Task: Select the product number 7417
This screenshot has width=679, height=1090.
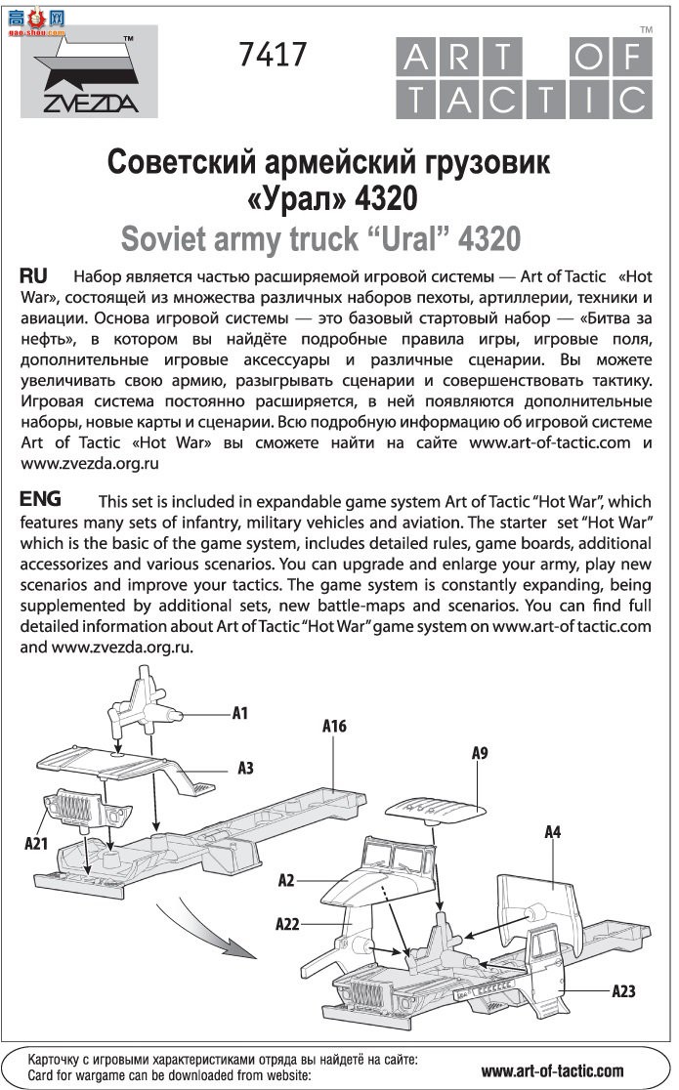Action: pyautogui.click(x=272, y=55)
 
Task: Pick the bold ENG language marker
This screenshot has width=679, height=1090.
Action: pyautogui.click(x=42, y=498)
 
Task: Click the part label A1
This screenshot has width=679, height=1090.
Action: pyautogui.click(x=239, y=713)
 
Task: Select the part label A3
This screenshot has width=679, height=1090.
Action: pyautogui.click(x=245, y=769)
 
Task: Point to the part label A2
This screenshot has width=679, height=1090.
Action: pyautogui.click(x=286, y=880)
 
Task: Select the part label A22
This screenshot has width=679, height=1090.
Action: pyautogui.click(x=287, y=922)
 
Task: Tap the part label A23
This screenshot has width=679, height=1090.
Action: pyautogui.click(x=623, y=990)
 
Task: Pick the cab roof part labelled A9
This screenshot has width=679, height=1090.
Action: pyautogui.click(x=435, y=808)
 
